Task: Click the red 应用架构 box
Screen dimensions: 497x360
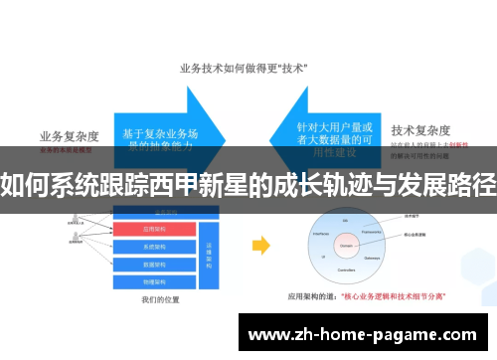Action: tap(157, 230)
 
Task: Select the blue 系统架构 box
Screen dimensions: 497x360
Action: tap(157, 245)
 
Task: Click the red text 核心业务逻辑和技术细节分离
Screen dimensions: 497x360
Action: tap(393, 295)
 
